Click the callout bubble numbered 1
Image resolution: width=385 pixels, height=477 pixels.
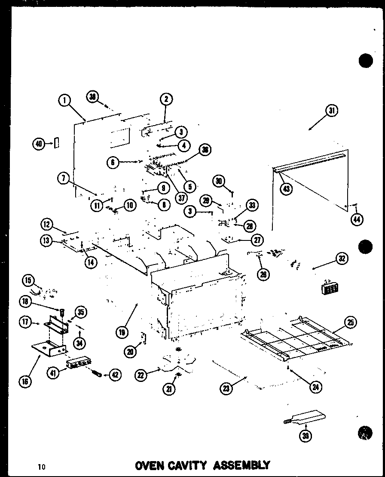tap(64, 100)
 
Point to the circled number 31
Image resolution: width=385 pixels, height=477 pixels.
tap(331, 111)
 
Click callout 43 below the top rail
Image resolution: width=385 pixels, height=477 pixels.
tap(286, 188)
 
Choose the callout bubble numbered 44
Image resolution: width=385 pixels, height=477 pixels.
tap(356, 219)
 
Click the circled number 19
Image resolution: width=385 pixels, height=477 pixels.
tap(122, 332)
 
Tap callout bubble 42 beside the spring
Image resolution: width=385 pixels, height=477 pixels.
tap(115, 375)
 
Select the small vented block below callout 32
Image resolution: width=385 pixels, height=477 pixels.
tap(329, 288)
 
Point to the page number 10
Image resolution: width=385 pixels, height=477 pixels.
tap(41, 467)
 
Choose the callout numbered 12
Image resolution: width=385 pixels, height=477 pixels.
tap(47, 224)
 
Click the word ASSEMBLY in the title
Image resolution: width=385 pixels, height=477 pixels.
tap(241, 465)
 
